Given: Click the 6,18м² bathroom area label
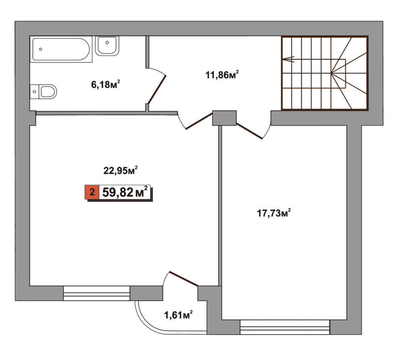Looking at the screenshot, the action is [106, 84].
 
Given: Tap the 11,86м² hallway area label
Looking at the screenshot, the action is [222, 75].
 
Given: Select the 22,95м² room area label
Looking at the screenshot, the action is [120, 170].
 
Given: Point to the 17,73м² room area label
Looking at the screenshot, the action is [274, 213].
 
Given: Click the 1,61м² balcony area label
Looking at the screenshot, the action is [178, 315].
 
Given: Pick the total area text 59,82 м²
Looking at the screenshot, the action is [125, 192].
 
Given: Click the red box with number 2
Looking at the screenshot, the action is [92, 192].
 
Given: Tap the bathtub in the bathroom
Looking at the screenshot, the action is [61, 49].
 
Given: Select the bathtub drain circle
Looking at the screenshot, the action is [40, 49].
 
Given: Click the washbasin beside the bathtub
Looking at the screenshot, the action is [107, 46].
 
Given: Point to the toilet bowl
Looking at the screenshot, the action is [48, 92].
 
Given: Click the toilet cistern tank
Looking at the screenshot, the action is [34, 92].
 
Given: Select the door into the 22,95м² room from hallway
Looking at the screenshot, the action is [199, 121].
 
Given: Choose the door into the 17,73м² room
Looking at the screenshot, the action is [249, 131].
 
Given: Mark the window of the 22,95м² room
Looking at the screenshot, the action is [97, 293].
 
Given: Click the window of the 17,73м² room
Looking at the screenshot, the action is [285, 327].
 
